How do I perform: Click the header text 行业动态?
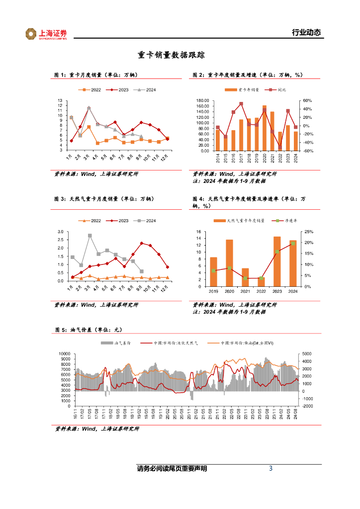[306, 33]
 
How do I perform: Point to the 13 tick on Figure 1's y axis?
[60, 100]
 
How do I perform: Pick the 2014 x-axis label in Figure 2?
[218, 158]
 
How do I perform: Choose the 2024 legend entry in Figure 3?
[147, 221]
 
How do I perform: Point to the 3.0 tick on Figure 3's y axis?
[60, 232]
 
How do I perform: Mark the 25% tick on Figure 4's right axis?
[309, 232]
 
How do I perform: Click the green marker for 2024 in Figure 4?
[293, 244]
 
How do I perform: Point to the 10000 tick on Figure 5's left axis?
[63, 354]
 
